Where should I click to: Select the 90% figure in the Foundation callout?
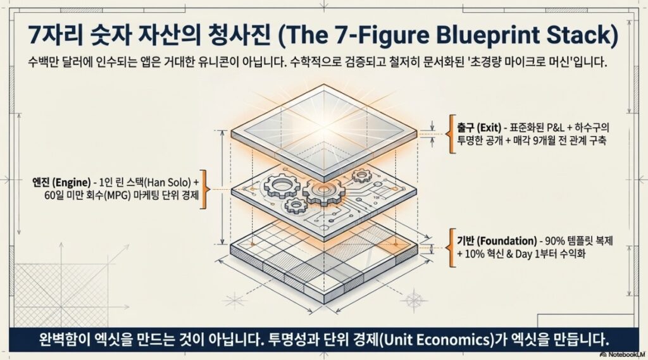coord(557,241)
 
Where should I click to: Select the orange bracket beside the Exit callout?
coord(451,133)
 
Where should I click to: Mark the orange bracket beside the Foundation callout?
coord(451,247)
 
